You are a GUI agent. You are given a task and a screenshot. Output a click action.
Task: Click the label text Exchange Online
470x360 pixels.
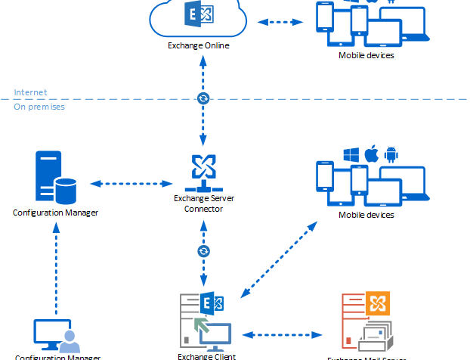pyautogui.click(x=199, y=45)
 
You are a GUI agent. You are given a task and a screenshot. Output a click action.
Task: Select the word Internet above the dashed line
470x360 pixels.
pyautogui.click(x=30, y=92)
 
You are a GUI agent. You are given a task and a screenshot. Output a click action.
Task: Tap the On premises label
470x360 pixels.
pyautogui.click(x=39, y=107)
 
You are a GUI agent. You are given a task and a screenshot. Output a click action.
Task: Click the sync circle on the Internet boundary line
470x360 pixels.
pyautogui.click(x=203, y=98)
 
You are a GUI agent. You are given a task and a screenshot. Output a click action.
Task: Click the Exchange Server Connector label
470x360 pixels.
pyautogui.click(x=203, y=203)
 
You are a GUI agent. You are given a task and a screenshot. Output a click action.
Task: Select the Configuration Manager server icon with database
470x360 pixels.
pyautogui.click(x=56, y=177)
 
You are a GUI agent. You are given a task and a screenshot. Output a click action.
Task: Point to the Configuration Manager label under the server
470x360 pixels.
pyautogui.click(x=55, y=213)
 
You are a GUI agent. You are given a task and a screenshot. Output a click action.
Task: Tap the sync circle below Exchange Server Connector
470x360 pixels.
pyautogui.click(x=203, y=250)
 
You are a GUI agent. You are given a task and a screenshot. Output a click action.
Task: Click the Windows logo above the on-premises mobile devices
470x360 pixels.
pyautogui.click(x=350, y=154)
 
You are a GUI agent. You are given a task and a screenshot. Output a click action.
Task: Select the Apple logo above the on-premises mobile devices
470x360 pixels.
pyautogui.click(x=370, y=154)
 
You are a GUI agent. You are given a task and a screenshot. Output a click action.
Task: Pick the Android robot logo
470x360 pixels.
pyautogui.click(x=390, y=154)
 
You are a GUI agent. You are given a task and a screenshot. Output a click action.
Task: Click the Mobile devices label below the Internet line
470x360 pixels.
pyautogui.click(x=366, y=216)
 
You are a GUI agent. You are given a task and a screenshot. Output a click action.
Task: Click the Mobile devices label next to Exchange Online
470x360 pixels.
pyautogui.click(x=366, y=55)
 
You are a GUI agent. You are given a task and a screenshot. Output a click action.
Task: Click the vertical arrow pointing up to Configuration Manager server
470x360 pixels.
pyautogui.click(x=56, y=268)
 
